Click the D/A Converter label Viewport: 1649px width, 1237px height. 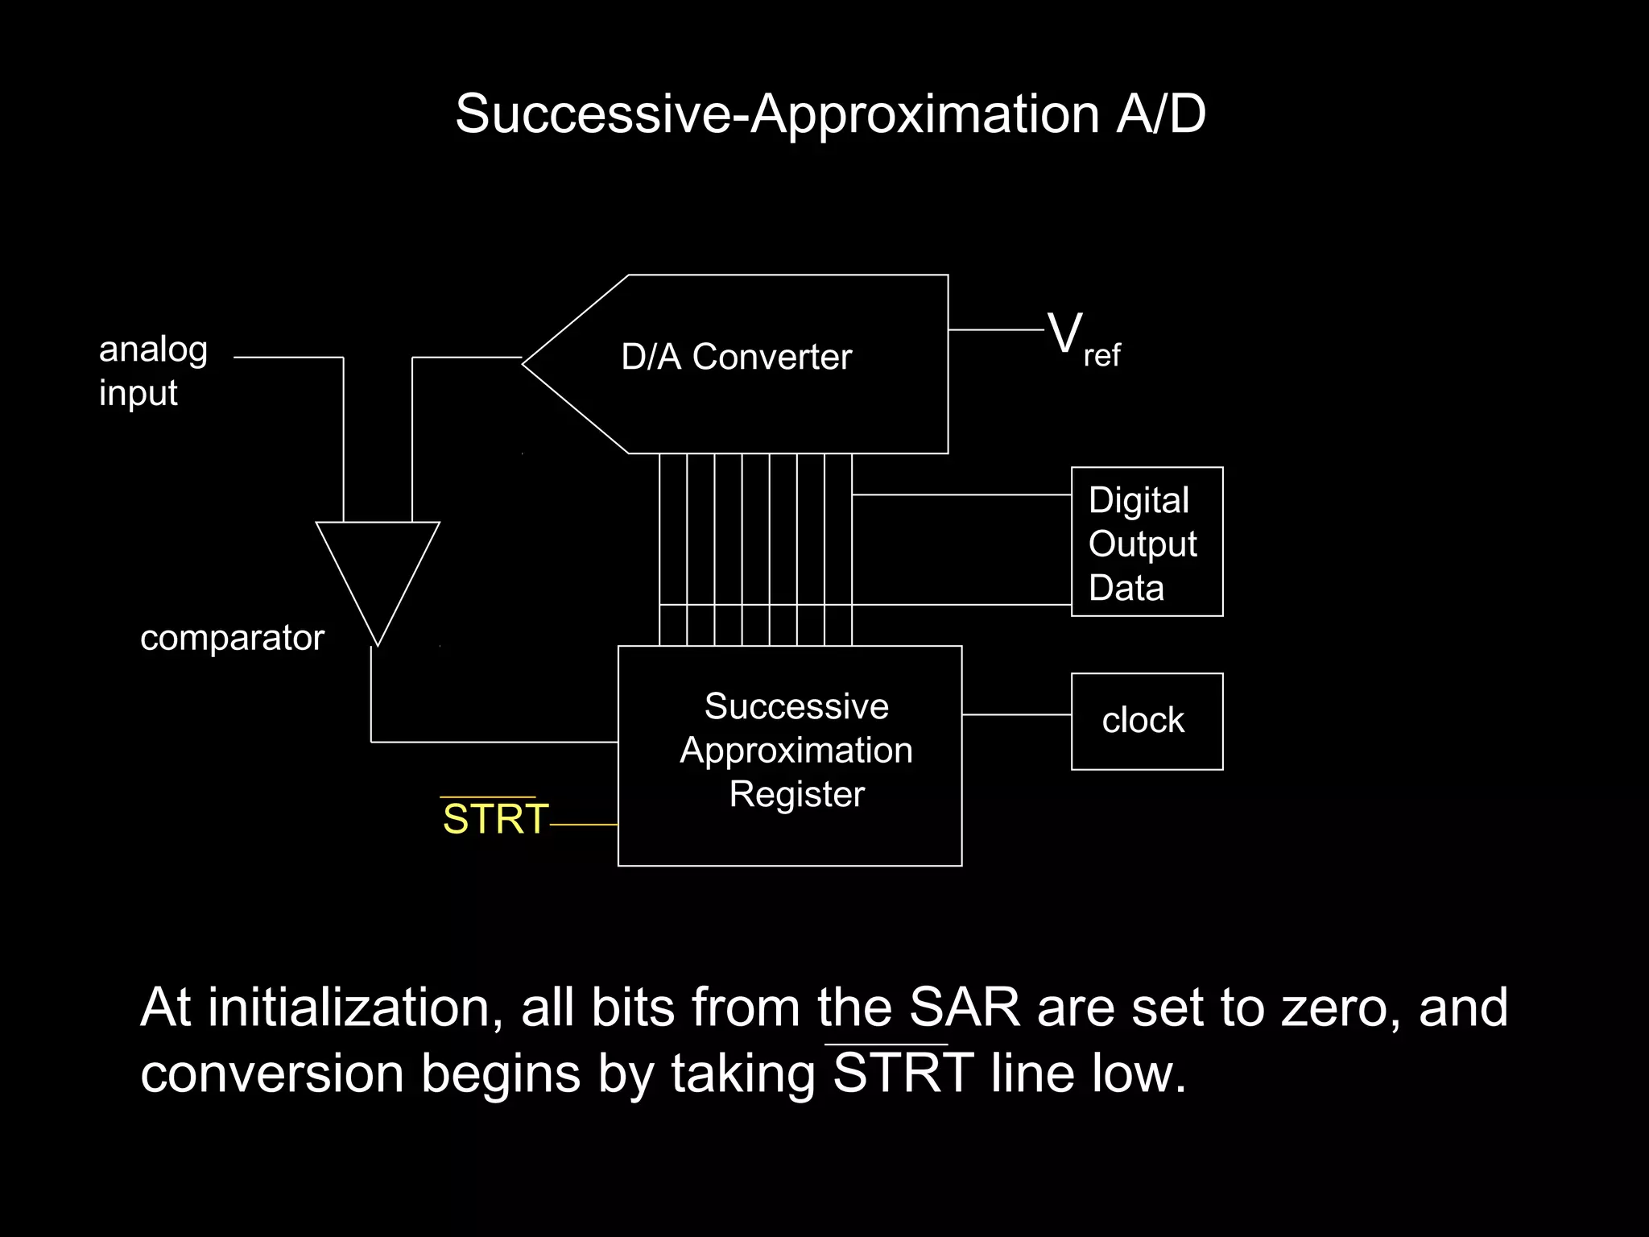(736, 357)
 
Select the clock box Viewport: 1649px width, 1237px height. (1147, 722)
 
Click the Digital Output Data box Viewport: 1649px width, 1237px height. (1147, 542)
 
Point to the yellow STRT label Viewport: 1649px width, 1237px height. (494, 819)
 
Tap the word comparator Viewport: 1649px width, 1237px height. (232, 638)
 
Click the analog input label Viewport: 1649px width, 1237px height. (153, 370)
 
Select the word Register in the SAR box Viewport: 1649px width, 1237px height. (796, 794)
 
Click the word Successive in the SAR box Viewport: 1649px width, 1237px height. (796, 706)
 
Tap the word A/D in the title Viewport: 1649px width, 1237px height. (1160, 114)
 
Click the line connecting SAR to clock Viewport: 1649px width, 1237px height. (1016, 714)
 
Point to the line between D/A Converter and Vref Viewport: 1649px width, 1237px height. (995, 329)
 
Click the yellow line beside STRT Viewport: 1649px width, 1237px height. (584, 825)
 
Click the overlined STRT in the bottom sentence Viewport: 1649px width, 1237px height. (902, 1073)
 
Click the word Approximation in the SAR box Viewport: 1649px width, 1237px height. (796, 751)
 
